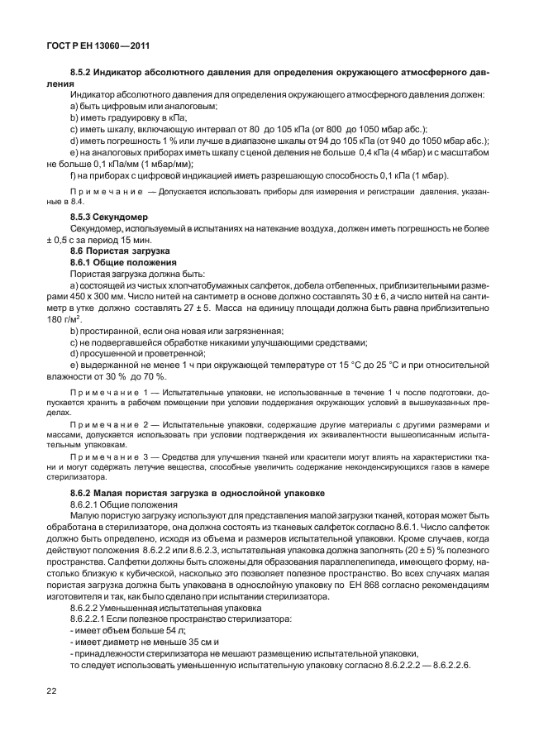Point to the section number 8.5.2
[83, 74]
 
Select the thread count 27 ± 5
[199, 307]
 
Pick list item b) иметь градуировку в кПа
[128, 117]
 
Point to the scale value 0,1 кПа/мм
[113, 164]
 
